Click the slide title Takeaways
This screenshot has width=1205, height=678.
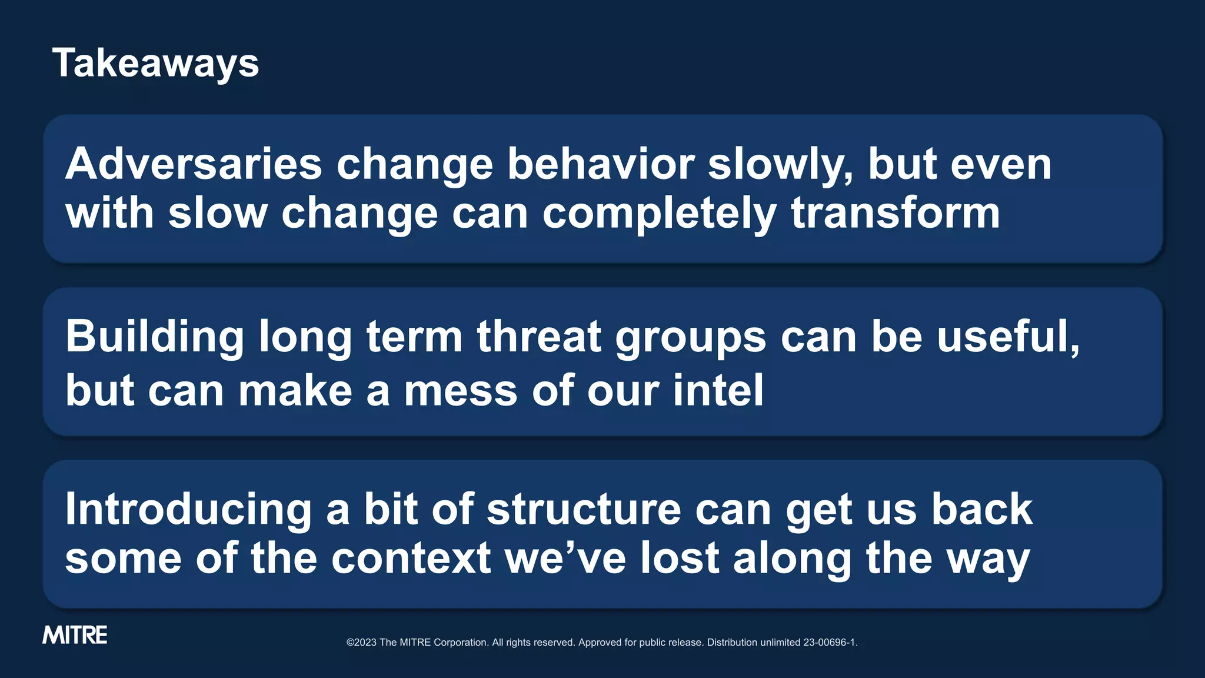click(x=155, y=63)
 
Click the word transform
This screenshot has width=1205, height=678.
click(x=896, y=213)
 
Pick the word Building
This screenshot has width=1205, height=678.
click(x=155, y=337)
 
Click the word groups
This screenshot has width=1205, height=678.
click(x=691, y=338)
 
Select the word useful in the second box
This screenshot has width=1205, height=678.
click(x=1004, y=337)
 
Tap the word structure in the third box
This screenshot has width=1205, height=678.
click(x=584, y=510)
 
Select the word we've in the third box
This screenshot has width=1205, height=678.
click(x=565, y=559)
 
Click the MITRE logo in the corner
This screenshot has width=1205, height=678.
click(x=75, y=635)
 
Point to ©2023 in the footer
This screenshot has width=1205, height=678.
click(x=361, y=643)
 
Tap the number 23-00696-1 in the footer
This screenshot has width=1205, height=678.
click(x=829, y=643)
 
